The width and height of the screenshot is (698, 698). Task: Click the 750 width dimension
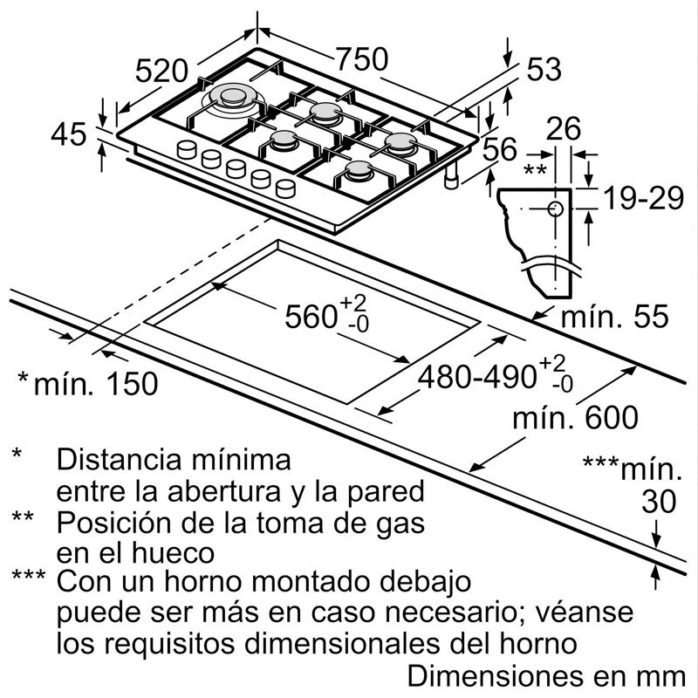click(x=361, y=59)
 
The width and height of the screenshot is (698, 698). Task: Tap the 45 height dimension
click(x=67, y=135)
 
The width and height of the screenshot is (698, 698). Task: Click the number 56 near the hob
click(x=500, y=150)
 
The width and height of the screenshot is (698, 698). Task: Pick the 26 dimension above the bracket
click(x=563, y=129)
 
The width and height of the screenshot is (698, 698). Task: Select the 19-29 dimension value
click(x=641, y=200)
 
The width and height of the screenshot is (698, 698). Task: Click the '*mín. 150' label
click(x=87, y=382)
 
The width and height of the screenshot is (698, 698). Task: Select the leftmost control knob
click(x=186, y=150)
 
